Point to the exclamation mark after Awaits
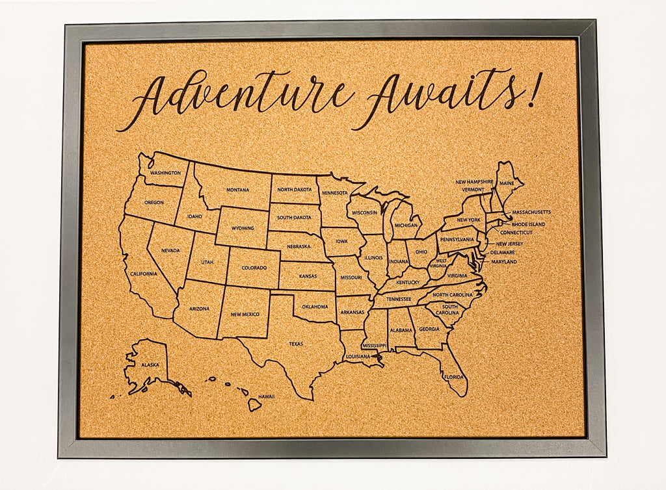pos(533,91)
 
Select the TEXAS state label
pos(296,344)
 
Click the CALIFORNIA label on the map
pos(143,274)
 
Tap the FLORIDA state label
pos(453,376)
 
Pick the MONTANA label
pos(237,190)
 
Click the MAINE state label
pos(507,183)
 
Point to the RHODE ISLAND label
pos(529,224)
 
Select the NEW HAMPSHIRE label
pos(473,182)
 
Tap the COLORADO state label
pos(254,268)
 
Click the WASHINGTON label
pos(165,173)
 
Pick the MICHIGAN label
pos(406,225)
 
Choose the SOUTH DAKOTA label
pos(294,217)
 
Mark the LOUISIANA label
pos(357,356)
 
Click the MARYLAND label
pos(504,261)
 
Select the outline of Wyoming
pos(242,227)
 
